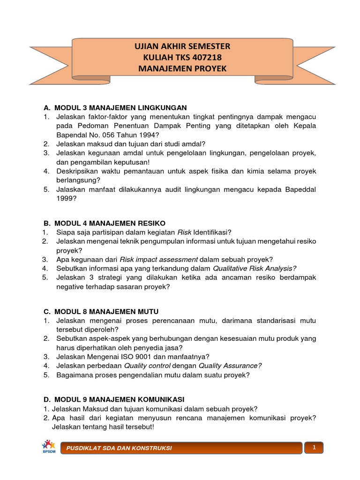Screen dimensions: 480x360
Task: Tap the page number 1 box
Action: pyautogui.click(x=314, y=447)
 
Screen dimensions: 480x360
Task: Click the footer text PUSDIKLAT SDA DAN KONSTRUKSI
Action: pyautogui.click(x=119, y=448)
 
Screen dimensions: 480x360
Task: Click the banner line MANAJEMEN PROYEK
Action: pyautogui.click(x=183, y=68)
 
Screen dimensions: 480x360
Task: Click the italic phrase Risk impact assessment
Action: pyautogui.click(x=159, y=259)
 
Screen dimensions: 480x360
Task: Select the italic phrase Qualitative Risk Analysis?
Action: pyautogui.click(x=255, y=268)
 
